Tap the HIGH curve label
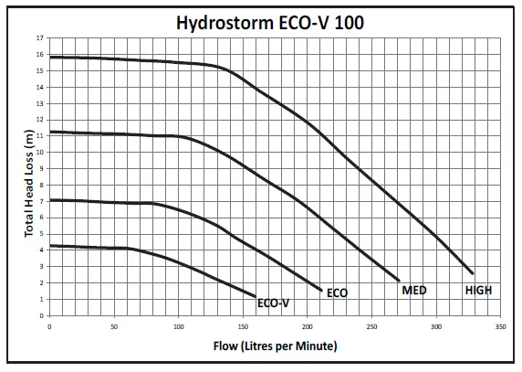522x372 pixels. [480, 290]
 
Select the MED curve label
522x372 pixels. [415, 290]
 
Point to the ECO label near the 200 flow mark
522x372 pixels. [337, 293]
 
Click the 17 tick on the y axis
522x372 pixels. [40, 39]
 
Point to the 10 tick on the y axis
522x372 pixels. [40, 153]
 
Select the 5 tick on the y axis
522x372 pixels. [41, 234]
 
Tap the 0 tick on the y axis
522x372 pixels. [41, 315]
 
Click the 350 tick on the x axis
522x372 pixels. [500, 325]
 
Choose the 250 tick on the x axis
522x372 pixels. [371, 325]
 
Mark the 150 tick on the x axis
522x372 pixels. [243, 325]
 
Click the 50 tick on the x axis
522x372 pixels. [114, 325]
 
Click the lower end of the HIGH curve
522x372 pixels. [473, 273]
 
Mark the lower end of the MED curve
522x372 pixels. [399, 280]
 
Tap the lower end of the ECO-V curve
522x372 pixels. [256, 295]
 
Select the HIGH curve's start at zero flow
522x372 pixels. [49, 58]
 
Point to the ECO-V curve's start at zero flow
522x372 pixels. [49, 246]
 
